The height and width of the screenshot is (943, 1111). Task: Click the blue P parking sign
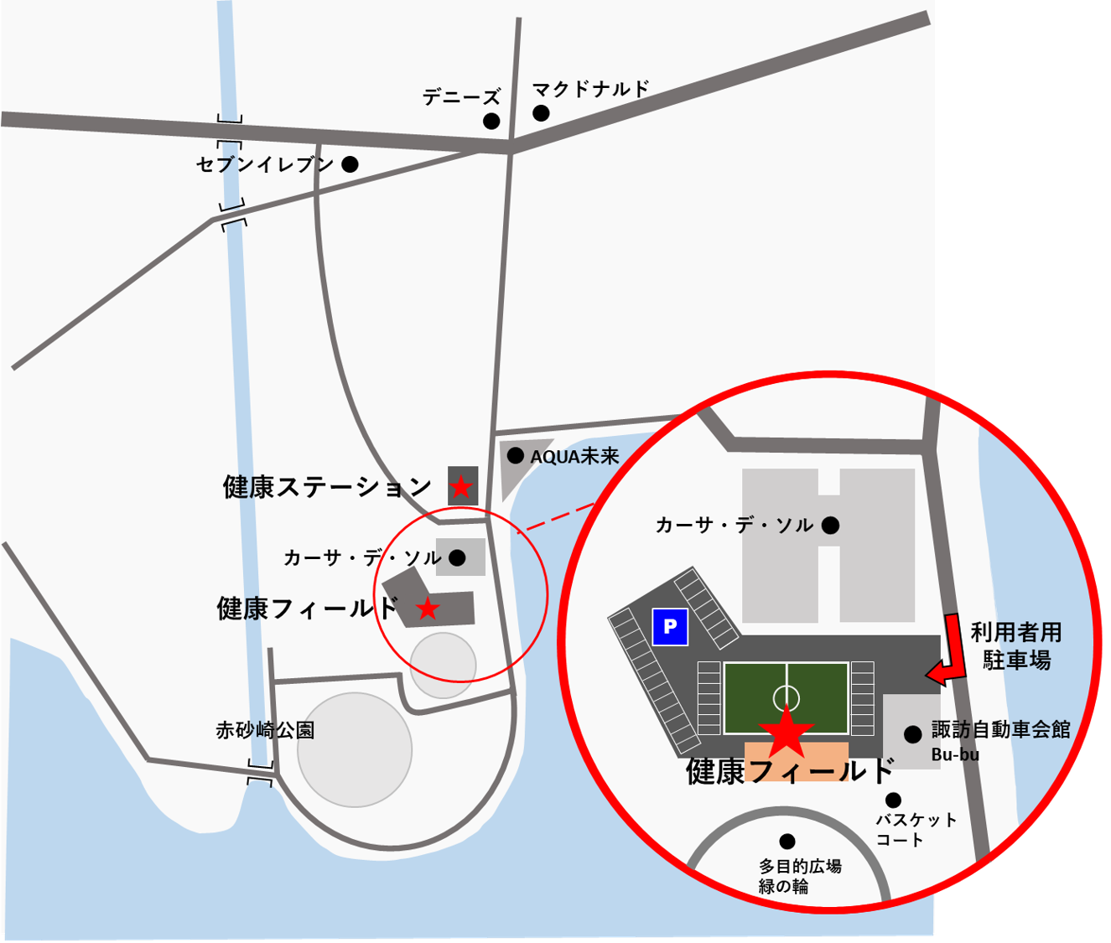670,626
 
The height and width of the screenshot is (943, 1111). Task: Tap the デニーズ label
461,97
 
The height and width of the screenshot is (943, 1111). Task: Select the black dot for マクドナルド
541,112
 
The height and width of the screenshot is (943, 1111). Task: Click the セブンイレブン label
265,164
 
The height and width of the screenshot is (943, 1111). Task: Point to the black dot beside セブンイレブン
350,164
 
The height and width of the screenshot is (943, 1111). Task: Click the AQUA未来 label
574,456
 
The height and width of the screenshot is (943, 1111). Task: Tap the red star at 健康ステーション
461,486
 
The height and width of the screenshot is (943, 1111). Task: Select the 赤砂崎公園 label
265,730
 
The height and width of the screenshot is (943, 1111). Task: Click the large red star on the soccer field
786,733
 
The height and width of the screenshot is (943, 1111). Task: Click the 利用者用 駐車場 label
1016,646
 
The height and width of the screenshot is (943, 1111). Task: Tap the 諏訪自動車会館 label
1000,729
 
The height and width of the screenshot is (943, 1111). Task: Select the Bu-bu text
955,754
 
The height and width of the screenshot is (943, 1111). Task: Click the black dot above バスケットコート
894,800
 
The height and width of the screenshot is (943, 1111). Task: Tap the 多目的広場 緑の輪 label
800,876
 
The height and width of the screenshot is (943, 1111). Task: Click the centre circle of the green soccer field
787,697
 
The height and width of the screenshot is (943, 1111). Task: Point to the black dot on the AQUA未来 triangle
516,456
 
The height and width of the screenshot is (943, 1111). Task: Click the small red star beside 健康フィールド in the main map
428,609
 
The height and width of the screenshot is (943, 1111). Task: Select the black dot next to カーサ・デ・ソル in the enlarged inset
830,526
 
